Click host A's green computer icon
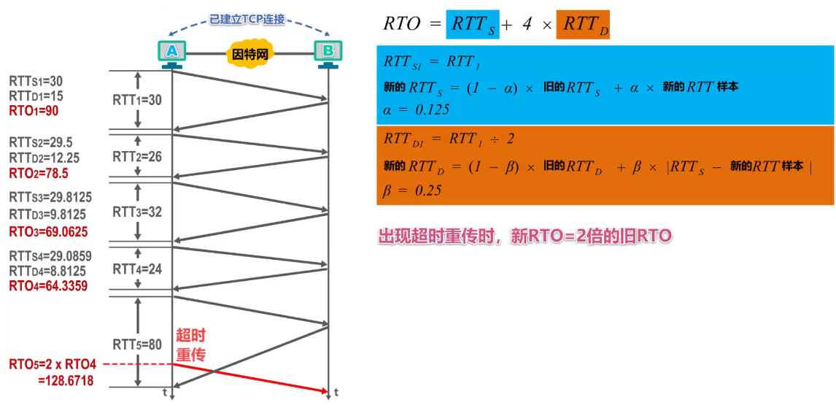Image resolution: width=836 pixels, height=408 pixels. tap(172, 51)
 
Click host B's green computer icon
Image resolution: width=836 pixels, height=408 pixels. tap(328, 51)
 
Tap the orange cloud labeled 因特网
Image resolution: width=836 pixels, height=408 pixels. tap(250, 54)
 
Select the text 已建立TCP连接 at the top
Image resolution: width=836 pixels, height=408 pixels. tap(249, 20)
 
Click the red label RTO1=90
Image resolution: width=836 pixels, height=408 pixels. tap(34, 111)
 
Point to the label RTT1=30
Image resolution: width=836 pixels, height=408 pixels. tap(137, 101)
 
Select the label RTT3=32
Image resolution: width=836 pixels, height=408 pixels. tap(137, 212)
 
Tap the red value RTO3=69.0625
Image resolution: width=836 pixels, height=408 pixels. tap(47, 231)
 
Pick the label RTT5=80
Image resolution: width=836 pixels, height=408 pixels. tap(137, 345)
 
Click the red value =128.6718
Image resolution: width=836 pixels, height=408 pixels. tap(66, 380)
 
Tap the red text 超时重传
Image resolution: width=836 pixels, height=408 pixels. tap(190, 345)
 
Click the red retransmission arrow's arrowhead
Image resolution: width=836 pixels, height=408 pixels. tap(325, 392)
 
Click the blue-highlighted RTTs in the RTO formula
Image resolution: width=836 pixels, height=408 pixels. tap(473, 24)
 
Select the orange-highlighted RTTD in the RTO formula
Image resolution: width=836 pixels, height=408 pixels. tap(582, 24)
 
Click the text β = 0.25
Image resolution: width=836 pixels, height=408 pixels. tap(412, 190)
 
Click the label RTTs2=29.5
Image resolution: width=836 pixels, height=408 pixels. tap(41, 142)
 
